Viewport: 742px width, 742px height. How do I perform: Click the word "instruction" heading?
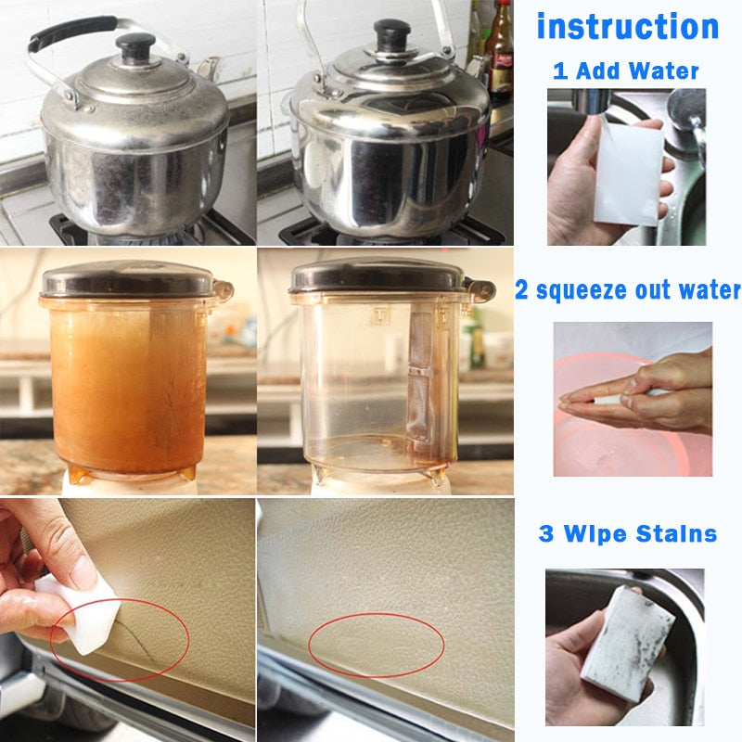pyautogui.click(x=628, y=25)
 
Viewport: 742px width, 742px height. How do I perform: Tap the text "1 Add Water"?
pyautogui.click(x=626, y=70)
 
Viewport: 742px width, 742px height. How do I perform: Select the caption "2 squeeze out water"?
pyautogui.click(x=628, y=290)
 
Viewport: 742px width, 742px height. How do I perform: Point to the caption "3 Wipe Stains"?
pyautogui.click(x=628, y=533)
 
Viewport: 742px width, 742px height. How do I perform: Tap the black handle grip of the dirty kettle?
pyautogui.click(x=70, y=32)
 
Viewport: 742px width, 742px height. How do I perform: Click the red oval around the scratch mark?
pyautogui.click(x=121, y=640)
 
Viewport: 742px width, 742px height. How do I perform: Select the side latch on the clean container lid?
pyautogui.click(x=479, y=289)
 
